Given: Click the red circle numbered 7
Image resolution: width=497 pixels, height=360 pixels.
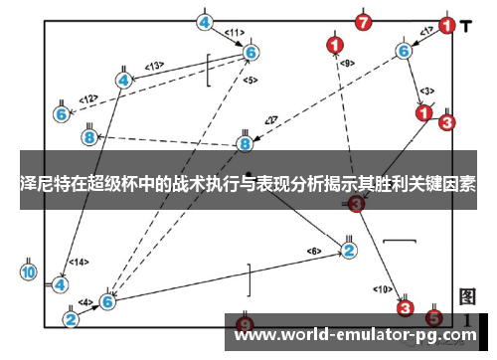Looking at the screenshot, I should point(363,21).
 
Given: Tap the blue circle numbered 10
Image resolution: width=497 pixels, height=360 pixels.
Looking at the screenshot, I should point(29,271).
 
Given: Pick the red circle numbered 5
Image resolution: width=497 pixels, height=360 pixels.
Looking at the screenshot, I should point(433,318).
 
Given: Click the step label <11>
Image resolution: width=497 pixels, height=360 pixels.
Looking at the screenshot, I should point(235,33).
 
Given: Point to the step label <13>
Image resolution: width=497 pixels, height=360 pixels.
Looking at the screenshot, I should point(154,67).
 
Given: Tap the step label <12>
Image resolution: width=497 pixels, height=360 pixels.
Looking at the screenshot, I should point(88,98).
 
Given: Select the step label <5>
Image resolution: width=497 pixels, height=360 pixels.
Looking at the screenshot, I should point(249,80).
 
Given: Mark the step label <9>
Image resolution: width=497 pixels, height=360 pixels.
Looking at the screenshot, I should point(347,63).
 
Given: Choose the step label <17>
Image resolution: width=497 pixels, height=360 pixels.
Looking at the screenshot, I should point(426,33).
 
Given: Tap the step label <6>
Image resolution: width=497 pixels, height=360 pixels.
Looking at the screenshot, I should point(314,251).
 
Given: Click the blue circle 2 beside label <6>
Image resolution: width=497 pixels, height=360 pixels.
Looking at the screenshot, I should point(349,250).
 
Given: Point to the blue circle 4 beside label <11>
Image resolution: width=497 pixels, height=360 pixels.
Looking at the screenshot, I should point(205,22).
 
